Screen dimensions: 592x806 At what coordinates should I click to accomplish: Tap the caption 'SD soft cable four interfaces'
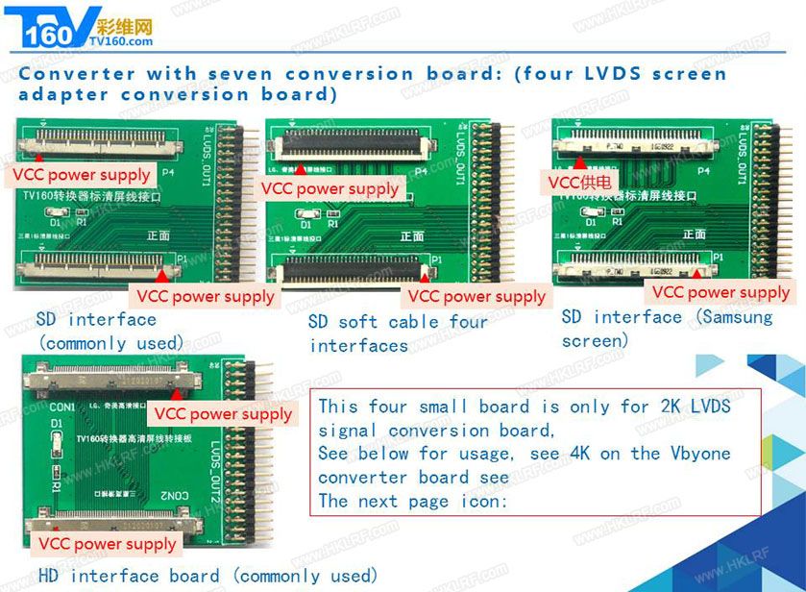point(398,333)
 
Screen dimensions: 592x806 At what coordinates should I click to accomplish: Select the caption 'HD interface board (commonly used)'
point(208,576)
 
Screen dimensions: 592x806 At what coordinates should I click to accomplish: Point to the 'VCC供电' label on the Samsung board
point(580,182)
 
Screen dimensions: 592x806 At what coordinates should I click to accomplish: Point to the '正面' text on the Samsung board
point(694,234)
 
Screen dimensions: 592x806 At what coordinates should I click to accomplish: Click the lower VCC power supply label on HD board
point(107,544)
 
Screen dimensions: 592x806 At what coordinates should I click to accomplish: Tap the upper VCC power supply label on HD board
point(223,414)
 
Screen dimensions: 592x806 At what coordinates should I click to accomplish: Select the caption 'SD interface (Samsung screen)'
point(666,329)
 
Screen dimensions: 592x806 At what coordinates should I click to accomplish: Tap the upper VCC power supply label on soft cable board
point(330,189)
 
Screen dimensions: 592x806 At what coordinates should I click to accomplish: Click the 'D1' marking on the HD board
point(57,423)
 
